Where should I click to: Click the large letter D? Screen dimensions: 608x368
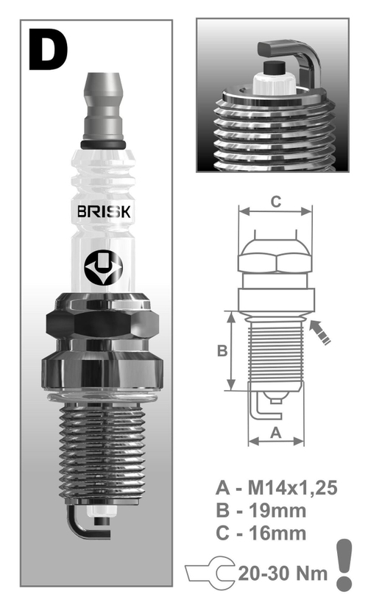click(49, 49)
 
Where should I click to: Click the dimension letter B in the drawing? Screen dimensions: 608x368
click(222, 351)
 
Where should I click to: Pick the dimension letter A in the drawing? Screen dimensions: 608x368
click(276, 434)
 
